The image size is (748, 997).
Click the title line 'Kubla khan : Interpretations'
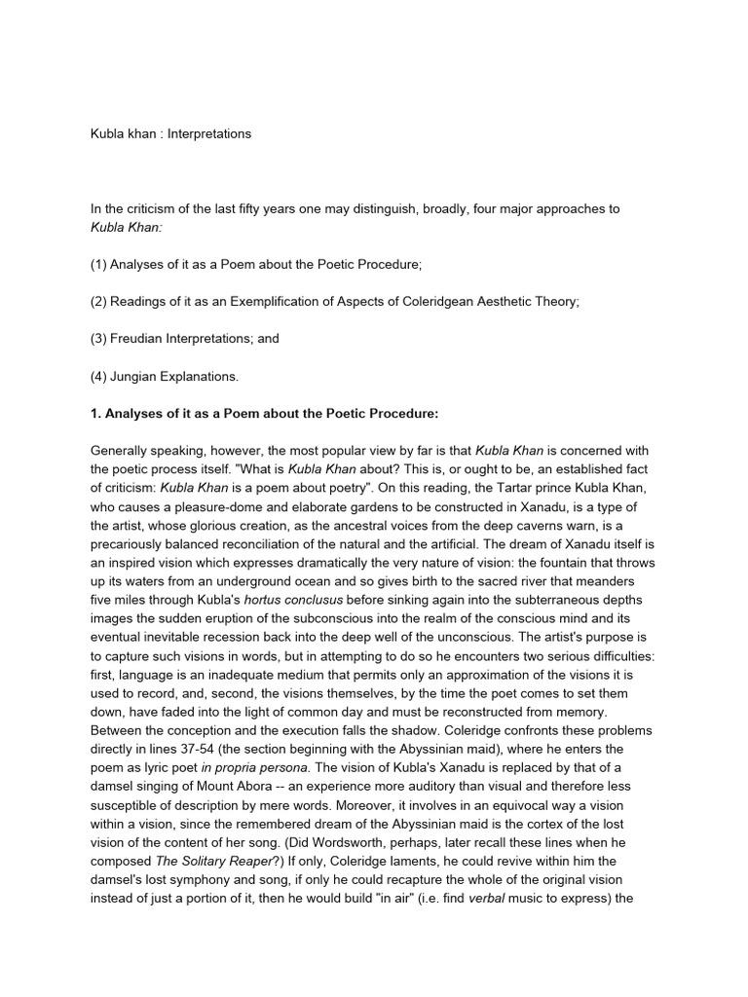(170, 133)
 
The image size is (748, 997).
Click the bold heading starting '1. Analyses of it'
(264, 414)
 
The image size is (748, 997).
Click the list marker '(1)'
(99, 265)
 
